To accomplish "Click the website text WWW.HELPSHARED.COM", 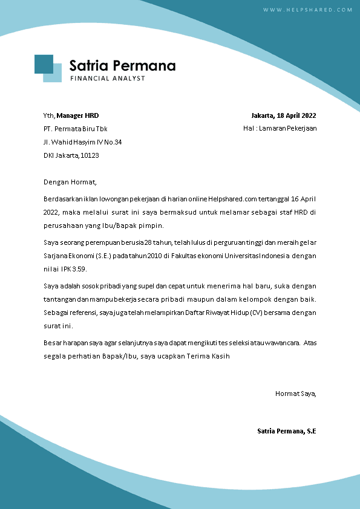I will (x=307, y=10).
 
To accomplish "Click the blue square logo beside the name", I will (x=48, y=68).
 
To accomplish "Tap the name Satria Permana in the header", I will (x=122, y=65).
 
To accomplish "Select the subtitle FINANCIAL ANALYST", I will (x=107, y=79).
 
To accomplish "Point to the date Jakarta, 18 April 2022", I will (x=284, y=115).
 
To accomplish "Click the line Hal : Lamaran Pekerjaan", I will (x=280, y=128).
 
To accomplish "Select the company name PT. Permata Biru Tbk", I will (x=76, y=129).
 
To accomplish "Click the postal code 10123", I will (x=90, y=155).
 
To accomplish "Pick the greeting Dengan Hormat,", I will (x=70, y=181).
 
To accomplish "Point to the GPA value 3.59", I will (x=81, y=269).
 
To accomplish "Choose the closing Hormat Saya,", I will (x=296, y=394).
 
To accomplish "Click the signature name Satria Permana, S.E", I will (x=287, y=431).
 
